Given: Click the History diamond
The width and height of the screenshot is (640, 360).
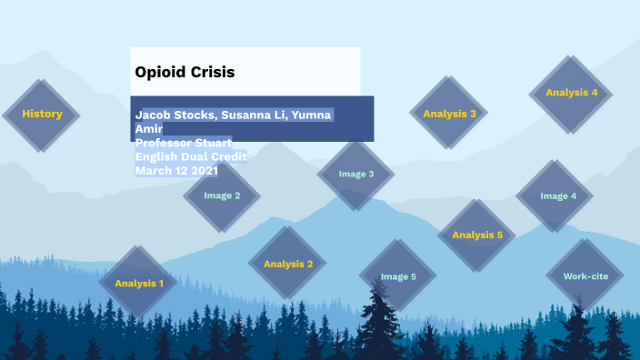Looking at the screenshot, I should coord(42,115).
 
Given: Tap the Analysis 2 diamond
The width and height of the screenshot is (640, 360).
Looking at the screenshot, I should coord(288,264).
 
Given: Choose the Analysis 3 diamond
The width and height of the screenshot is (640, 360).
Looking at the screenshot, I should coord(449,114).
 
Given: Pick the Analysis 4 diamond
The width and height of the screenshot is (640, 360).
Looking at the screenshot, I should coord(571,93).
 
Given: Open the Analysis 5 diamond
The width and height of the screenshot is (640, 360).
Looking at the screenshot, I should coord(477,235).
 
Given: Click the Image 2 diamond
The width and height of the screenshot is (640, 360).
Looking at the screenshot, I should coord(222,195).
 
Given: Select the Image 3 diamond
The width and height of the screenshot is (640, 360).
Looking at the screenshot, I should coord(356,174).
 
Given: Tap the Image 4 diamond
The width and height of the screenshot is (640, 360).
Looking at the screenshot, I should coord(558,195).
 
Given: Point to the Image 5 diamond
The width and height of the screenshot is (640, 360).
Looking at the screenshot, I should coord(398,276).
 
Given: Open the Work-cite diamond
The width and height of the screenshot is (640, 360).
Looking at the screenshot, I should coord(585,275).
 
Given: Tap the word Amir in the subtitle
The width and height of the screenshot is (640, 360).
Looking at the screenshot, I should coord(148,129).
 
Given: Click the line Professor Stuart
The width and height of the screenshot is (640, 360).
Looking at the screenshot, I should coord(183,143).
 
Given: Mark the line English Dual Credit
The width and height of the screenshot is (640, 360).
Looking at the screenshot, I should coord(190,156).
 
